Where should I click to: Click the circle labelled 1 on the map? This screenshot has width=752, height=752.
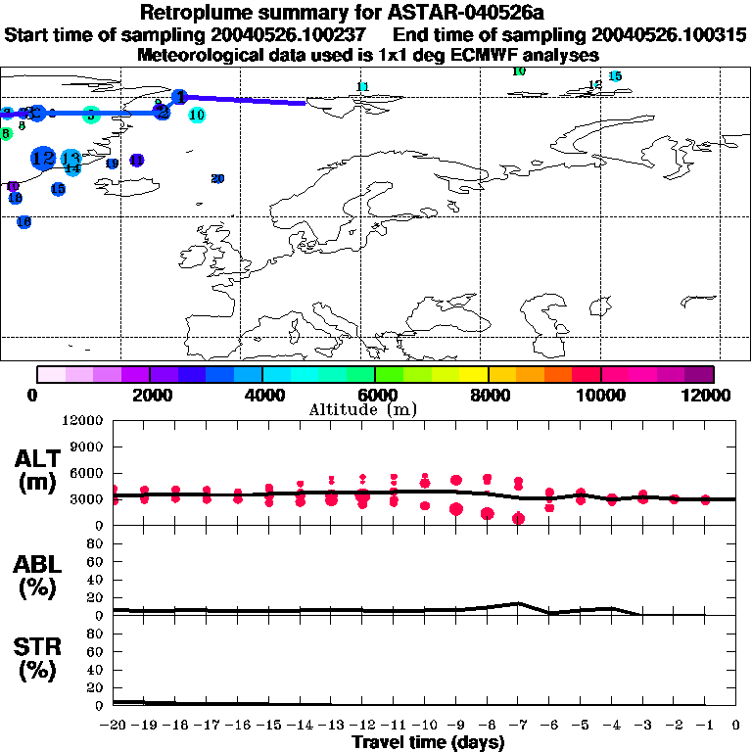[179, 96]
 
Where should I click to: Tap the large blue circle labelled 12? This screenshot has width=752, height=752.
[42, 157]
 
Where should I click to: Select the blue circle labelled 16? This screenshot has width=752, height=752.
[24, 222]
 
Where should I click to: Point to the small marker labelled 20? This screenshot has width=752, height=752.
[217, 178]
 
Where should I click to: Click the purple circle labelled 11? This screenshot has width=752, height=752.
[136, 160]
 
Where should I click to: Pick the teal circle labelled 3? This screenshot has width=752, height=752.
[90, 115]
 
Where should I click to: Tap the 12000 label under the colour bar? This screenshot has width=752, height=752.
[709, 395]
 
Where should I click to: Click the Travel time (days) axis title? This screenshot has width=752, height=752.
[428, 743]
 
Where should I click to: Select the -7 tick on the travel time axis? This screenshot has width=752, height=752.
[517, 726]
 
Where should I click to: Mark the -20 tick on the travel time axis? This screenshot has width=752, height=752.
[115, 726]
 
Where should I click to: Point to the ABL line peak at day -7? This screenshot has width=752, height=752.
[518, 603]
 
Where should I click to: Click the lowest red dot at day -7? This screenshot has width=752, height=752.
[518, 519]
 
